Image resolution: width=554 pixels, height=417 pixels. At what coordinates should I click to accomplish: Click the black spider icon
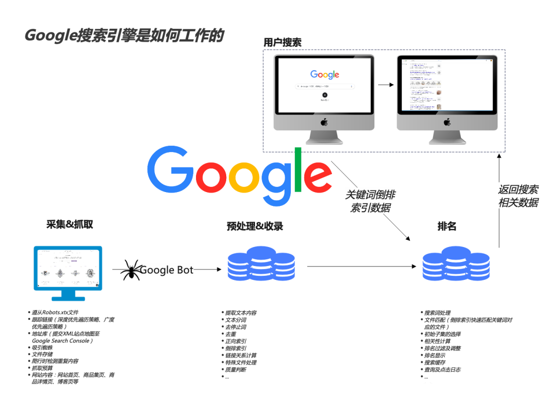tap(132, 270)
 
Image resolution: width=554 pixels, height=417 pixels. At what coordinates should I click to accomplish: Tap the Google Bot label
tap(167, 270)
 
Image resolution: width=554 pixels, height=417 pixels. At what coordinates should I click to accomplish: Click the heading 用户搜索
tap(282, 43)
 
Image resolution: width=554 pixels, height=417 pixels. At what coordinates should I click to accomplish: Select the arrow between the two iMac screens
tap(386, 85)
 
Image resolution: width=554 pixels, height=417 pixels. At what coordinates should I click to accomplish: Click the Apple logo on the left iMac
tap(324, 122)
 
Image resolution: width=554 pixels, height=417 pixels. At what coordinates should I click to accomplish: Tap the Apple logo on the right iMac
tap(447, 122)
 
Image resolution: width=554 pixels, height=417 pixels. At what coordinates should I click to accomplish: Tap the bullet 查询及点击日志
tap(442, 370)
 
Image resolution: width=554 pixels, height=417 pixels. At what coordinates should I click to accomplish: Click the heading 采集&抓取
tap(70, 224)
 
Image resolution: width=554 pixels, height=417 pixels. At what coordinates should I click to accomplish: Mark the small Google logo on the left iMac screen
tap(325, 74)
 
